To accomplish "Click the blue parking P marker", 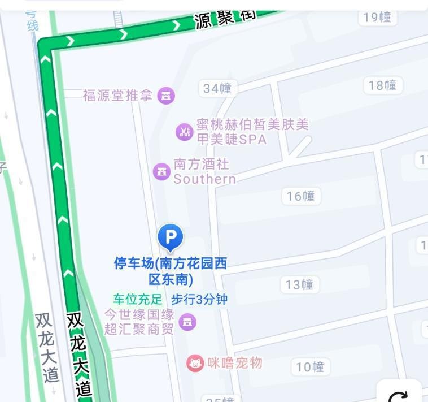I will pyautogui.click(x=170, y=236).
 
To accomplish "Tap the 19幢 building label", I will pyautogui.click(x=377, y=17).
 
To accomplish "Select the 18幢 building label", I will pyautogui.click(x=382, y=85).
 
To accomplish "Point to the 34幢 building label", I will pyautogui.click(x=217, y=88).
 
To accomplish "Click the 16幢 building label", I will pyautogui.click(x=300, y=196).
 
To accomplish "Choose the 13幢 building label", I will pyautogui.click(x=299, y=284).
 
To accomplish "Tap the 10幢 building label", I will pyautogui.click(x=310, y=367).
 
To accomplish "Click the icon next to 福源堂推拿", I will pyautogui.click(x=165, y=96).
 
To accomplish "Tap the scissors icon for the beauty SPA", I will pyautogui.click(x=184, y=132).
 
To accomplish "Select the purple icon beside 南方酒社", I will pyautogui.click(x=161, y=171).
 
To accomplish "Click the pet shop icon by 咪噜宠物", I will pyautogui.click(x=195, y=363).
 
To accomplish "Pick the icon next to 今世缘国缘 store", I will pyautogui.click(x=187, y=322).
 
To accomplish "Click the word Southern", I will pyautogui.click(x=204, y=179).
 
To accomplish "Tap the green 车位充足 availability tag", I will pyautogui.click(x=137, y=299).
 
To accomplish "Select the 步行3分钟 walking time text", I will pyautogui.click(x=199, y=299).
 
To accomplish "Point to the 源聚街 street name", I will pyautogui.click(x=225, y=18).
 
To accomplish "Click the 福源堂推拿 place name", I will pyautogui.click(x=117, y=96).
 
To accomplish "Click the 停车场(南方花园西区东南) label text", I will pyautogui.click(x=171, y=271).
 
